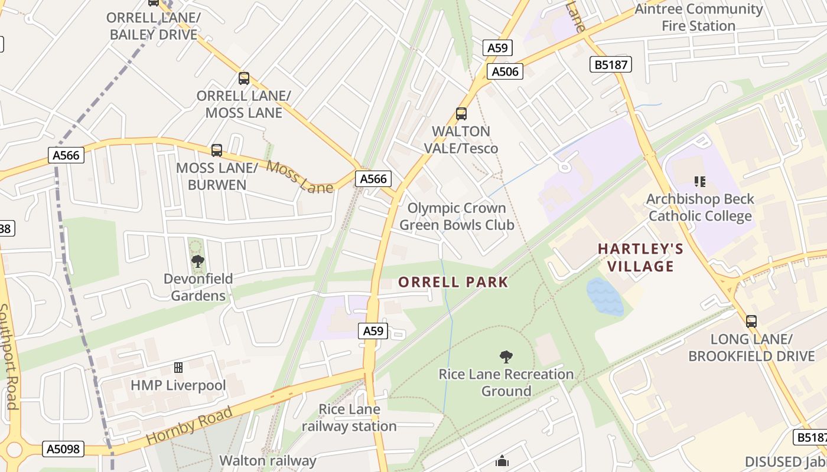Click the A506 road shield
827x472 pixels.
pyautogui.click(x=505, y=71)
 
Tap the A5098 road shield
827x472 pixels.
pyautogui.click(x=63, y=449)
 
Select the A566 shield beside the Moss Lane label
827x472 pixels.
pyautogui.click(x=373, y=179)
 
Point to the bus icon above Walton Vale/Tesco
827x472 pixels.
pyautogui.click(x=461, y=114)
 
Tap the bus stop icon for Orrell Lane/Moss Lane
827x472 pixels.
pyautogui.click(x=243, y=78)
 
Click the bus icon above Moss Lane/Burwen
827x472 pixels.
pyautogui.click(x=217, y=150)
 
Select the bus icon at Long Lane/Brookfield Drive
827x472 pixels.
pyautogui.click(x=751, y=322)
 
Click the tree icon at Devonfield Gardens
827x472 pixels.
pyautogui.click(x=198, y=261)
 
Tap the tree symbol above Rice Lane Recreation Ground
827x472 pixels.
pyautogui.click(x=506, y=356)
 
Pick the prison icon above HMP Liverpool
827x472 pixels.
pyautogui.click(x=178, y=368)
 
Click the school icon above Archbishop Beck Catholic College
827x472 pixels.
pyautogui.click(x=700, y=181)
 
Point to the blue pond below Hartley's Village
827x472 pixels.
pyautogui.click(x=605, y=297)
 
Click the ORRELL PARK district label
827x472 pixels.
pyautogui.click(x=453, y=282)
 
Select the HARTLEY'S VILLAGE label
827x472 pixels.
pyautogui.click(x=641, y=257)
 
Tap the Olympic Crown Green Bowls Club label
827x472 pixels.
pyautogui.click(x=457, y=217)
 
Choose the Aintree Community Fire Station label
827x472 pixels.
pyautogui.click(x=698, y=17)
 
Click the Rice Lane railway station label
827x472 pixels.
pyautogui.click(x=349, y=418)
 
